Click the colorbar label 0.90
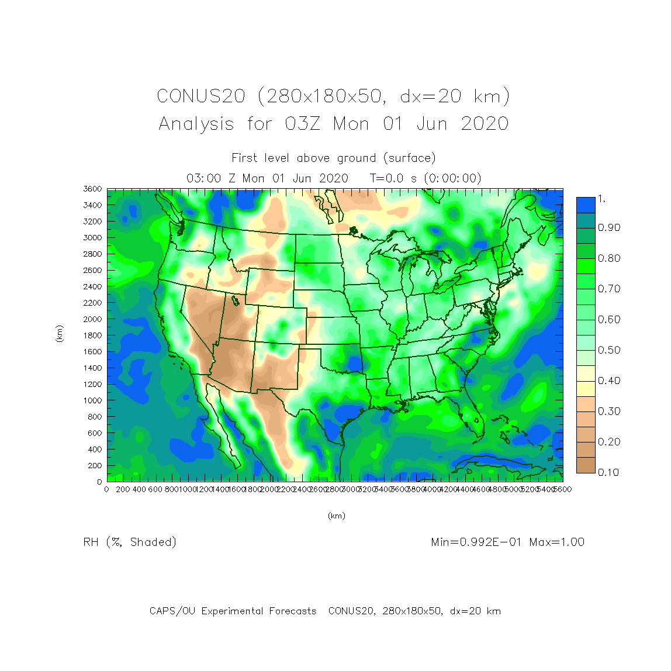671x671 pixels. pyautogui.click(x=608, y=228)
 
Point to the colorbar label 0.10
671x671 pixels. pyautogui.click(x=608, y=472)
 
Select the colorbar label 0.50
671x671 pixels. pyautogui.click(x=608, y=350)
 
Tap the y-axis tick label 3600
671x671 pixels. pyautogui.click(x=92, y=189)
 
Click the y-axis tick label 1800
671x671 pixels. pyautogui.click(x=92, y=335)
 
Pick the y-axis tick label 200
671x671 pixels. pyautogui.click(x=95, y=466)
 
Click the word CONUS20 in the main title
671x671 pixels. pyautogui.click(x=201, y=96)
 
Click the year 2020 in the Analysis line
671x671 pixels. pyautogui.click(x=485, y=124)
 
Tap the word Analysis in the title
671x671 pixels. pyautogui.click(x=196, y=124)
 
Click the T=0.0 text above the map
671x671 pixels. pyautogui.click(x=386, y=178)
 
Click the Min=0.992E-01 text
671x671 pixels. pyautogui.click(x=477, y=542)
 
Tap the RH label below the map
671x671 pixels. pyautogui.click(x=91, y=542)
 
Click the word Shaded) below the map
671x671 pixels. pyautogui.click(x=153, y=542)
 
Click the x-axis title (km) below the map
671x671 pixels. pyautogui.click(x=336, y=516)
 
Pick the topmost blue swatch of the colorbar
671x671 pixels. pyautogui.click(x=586, y=205)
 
